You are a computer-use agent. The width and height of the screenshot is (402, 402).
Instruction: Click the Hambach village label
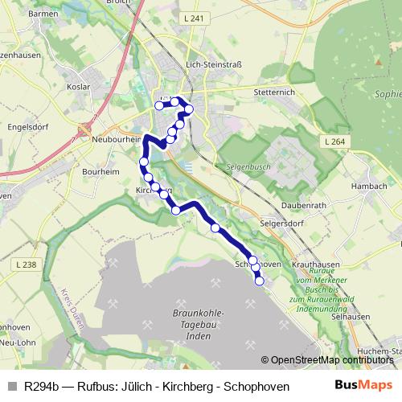[x=369, y=186]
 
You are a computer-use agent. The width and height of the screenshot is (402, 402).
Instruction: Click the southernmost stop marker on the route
[x=259, y=280]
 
